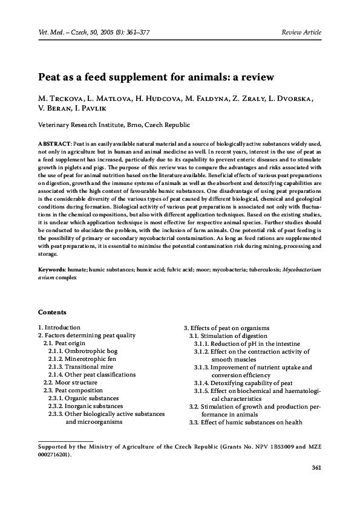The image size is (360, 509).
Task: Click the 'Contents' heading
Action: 52,312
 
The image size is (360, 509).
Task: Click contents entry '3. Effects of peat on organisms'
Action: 226,328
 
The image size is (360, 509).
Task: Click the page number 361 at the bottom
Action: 316,468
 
